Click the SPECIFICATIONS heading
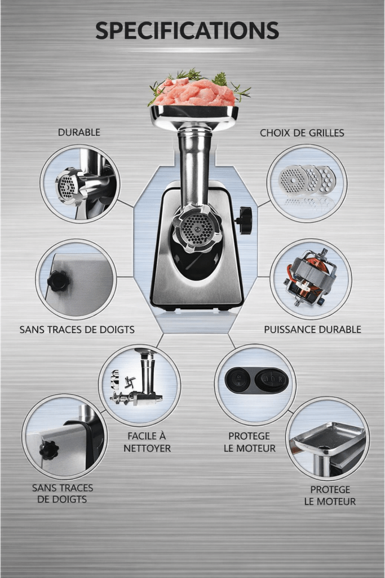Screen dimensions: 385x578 point(187,30)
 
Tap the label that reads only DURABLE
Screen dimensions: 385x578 point(79,132)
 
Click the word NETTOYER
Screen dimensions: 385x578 point(147,448)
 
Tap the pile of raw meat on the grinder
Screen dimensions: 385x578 point(194,92)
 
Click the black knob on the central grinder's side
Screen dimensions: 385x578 point(244,221)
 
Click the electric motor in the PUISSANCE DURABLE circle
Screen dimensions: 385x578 point(310,278)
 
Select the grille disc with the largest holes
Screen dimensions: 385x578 point(326,180)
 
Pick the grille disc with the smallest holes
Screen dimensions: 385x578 point(293,180)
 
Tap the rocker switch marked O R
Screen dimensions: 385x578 point(271,380)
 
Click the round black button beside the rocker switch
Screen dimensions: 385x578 point(237,380)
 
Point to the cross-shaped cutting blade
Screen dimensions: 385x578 point(129,382)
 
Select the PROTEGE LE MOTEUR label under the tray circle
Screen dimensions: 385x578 point(330,496)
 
